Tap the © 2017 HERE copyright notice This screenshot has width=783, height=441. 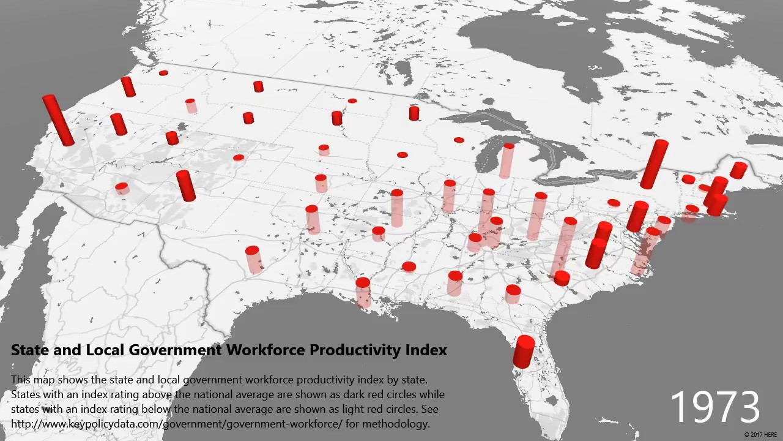point(762,435)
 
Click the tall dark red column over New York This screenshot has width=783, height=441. point(653,164)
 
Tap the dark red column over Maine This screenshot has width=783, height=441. point(738,170)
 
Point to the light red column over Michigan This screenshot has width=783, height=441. point(507,160)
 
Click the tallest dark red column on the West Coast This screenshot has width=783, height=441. point(58,120)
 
